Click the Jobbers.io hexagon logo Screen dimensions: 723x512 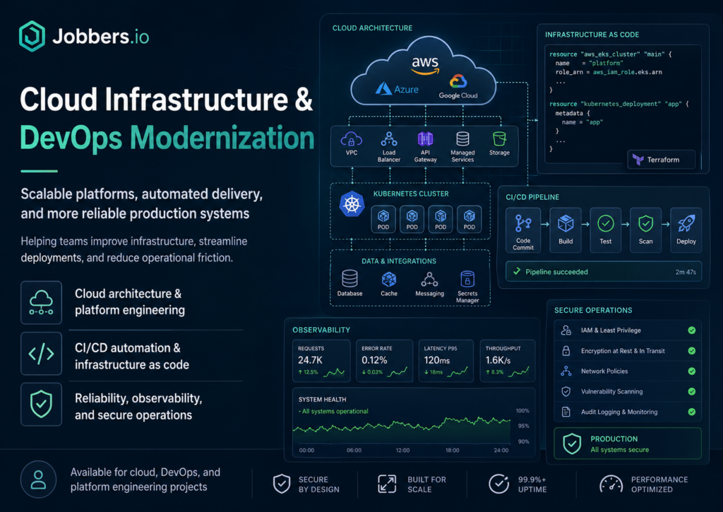(32, 36)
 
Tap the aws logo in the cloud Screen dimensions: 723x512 (425, 65)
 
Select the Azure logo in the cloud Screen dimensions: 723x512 (397, 88)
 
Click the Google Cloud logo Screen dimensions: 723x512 (458, 86)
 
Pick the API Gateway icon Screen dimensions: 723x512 (425, 139)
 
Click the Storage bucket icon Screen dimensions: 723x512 (499, 138)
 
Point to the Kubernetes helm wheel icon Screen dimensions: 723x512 (352, 204)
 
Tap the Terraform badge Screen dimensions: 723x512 (661, 160)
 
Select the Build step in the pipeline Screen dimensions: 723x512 (566, 230)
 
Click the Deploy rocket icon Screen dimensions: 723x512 (686, 224)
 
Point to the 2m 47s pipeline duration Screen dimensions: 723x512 (686, 272)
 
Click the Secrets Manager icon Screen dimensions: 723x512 (467, 279)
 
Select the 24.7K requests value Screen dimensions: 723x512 (311, 359)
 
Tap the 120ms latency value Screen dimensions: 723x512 (436, 359)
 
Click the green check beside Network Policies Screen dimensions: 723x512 (692, 371)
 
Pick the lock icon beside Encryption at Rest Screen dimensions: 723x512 (566, 351)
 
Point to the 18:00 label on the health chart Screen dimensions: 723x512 (453, 450)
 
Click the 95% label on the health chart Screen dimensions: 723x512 (523, 426)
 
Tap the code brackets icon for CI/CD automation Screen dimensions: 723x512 (41, 354)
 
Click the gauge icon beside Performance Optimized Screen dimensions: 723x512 (611, 484)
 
